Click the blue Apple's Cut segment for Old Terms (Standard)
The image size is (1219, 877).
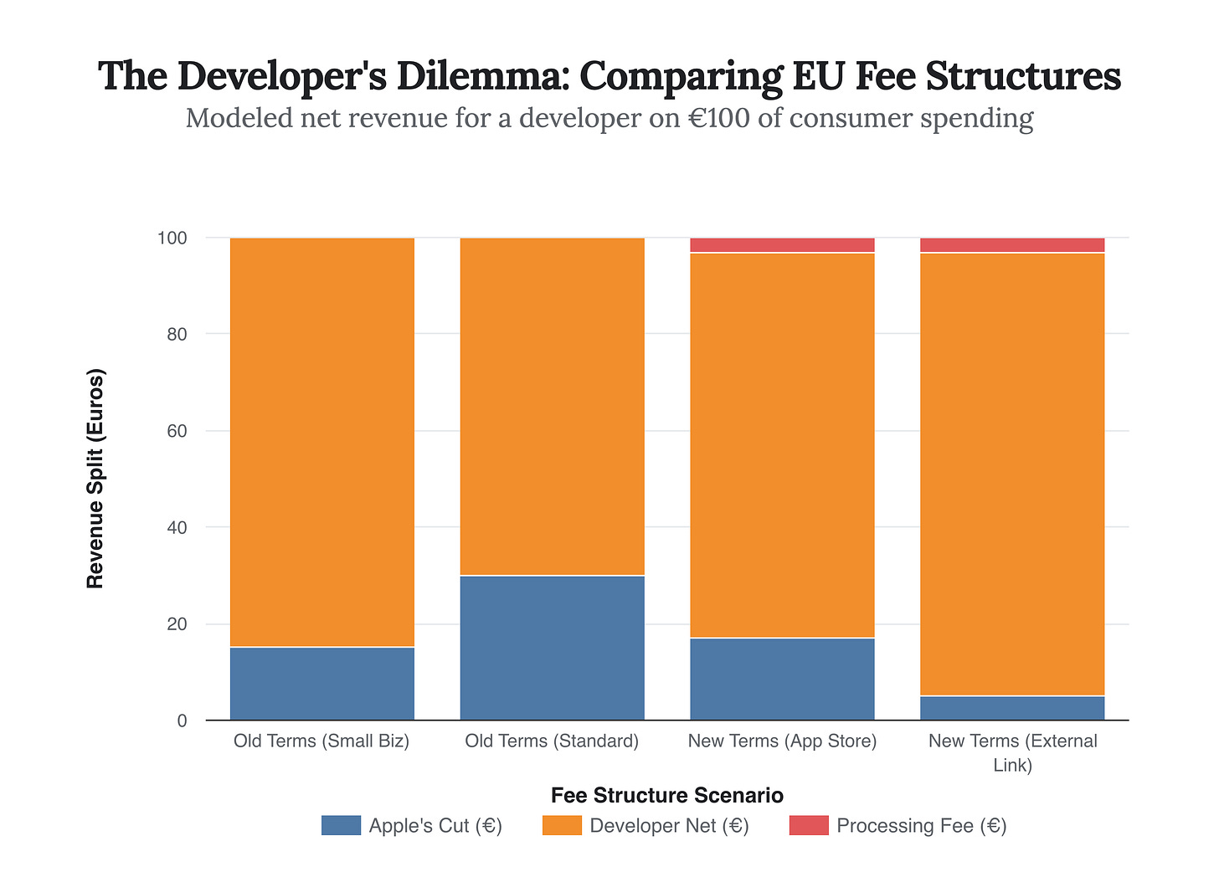click(552, 648)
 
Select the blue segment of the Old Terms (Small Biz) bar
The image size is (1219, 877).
click(321, 684)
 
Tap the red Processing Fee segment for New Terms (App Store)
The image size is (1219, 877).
click(782, 245)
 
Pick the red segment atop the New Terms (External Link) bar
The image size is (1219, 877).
click(1012, 245)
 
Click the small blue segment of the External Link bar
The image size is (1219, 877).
click(1012, 708)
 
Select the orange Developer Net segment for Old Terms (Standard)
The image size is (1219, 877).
click(552, 407)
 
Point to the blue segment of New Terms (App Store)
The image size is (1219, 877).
click(782, 679)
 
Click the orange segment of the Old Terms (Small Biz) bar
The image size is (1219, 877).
click(321, 442)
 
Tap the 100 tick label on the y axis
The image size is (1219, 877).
click(172, 238)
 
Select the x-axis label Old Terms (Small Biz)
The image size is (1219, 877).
click(321, 741)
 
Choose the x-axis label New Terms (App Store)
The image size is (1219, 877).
click(782, 741)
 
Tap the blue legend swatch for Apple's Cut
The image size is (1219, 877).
click(341, 826)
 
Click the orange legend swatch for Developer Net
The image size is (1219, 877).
click(563, 826)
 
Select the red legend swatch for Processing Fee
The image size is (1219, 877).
click(809, 826)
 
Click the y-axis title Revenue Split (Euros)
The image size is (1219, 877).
click(96, 479)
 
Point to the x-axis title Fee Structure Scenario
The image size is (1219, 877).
click(667, 795)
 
